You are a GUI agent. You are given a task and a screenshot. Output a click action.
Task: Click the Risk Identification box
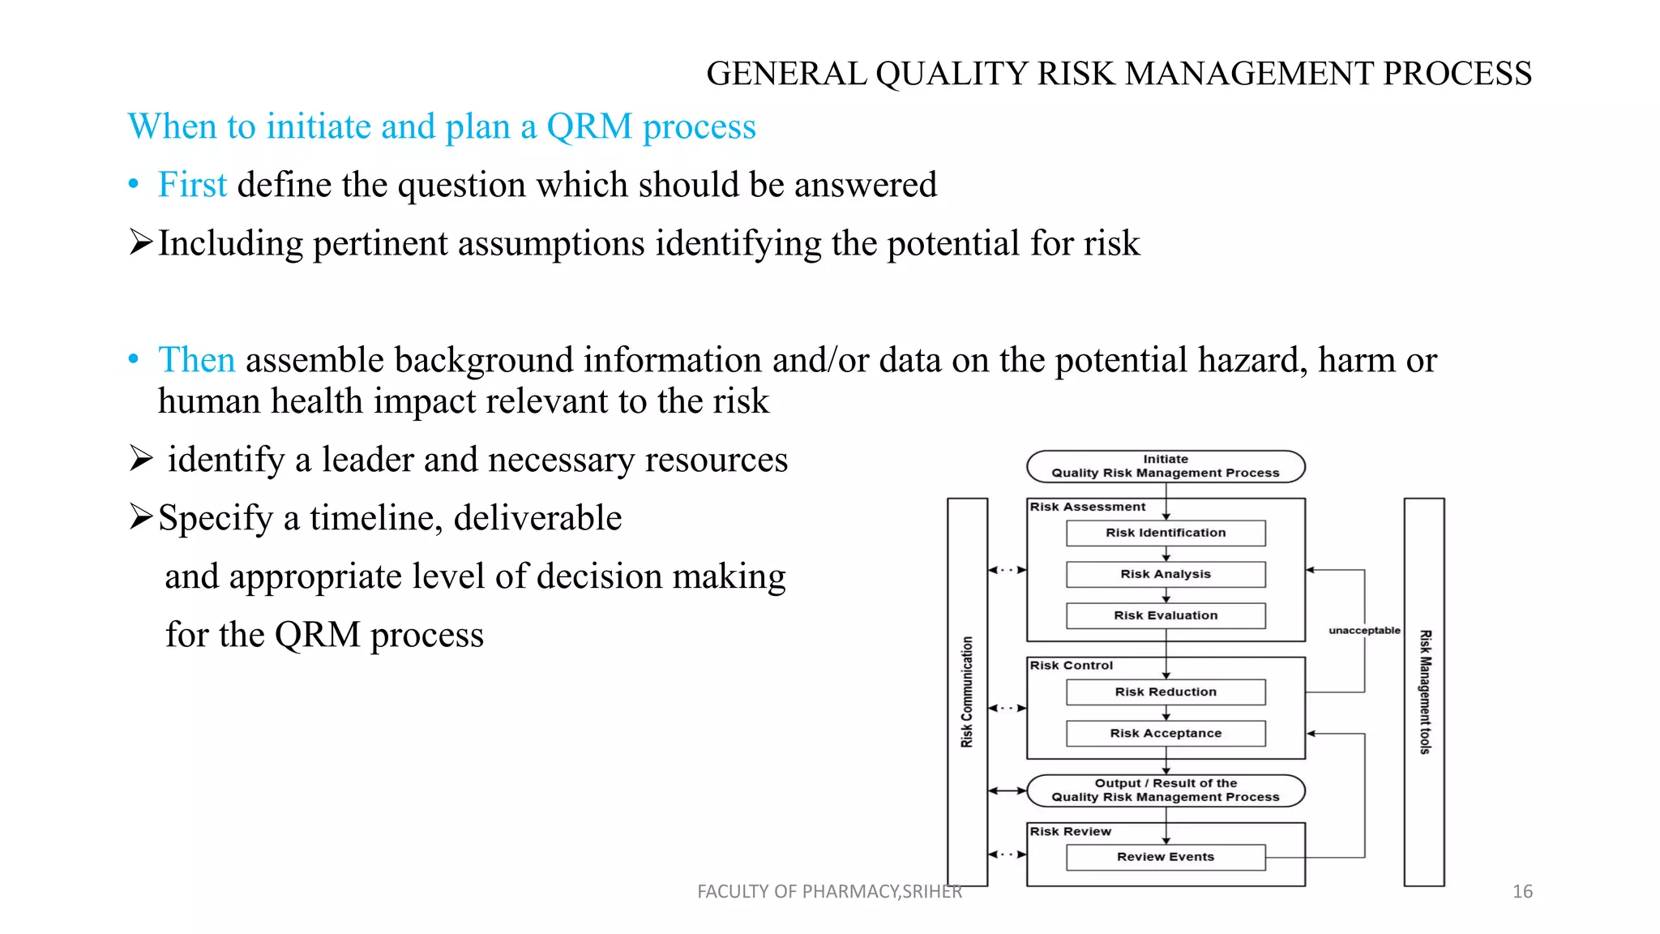tap(1165, 533)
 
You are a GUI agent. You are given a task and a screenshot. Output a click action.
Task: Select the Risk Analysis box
tap(1165, 574)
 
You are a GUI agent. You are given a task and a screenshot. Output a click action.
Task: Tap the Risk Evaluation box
tap(1165, 615)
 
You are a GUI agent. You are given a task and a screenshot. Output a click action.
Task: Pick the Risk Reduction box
tap(1165, 692)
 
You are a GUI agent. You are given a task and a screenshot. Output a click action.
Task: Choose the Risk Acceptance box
tap(1165, 733)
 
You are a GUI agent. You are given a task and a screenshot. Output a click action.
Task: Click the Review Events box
tap(1165, 857)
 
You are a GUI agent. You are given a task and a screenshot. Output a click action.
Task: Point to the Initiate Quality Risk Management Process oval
tap(1165, 466)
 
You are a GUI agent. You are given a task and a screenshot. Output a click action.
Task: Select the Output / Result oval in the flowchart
tap(1165, 790)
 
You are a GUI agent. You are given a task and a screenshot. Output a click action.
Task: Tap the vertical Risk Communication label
tap(967, 692)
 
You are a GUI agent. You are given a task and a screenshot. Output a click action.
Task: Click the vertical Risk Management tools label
tap(1425, 692)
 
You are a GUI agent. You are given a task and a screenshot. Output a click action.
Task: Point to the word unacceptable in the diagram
tap(1364, 630)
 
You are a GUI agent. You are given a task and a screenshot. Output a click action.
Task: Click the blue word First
tap(192, 185)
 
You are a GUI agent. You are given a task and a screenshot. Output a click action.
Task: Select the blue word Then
tap(197, 360)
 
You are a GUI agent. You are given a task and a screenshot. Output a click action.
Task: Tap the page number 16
tap(1522, 892)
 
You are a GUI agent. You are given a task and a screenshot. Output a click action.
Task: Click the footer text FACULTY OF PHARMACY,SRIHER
tap(829, 892)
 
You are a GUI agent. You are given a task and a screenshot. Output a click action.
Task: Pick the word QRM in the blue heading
tap(589, 127)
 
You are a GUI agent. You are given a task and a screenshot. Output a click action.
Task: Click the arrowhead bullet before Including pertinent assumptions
tap(140, 242)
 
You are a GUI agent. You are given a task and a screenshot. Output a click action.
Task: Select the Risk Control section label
tap(1071, 666)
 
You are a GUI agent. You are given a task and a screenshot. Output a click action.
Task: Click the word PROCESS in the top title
tap(1457, 74)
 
